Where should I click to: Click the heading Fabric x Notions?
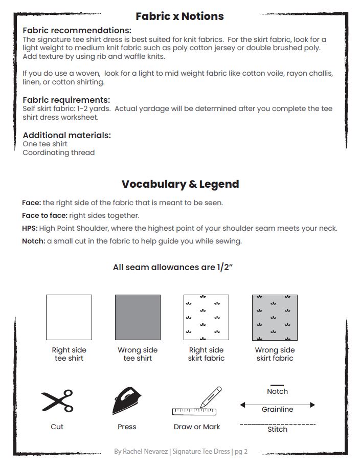click(179, 16)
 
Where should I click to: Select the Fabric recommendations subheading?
click(77, 31)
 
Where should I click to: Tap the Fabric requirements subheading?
click(66, 100)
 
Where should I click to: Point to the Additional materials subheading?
click(66, 135)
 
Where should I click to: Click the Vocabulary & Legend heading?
click(180, 184)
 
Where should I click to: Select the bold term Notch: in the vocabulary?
click(33, 241)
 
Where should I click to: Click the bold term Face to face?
click(44, 215)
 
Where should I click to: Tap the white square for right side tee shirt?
click(69, 317)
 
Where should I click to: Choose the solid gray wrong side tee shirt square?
click(138, 317)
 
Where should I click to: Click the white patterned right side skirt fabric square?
click(206, 317)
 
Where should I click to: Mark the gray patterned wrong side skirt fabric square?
click(275, 317)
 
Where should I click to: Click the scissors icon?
click(57, 401)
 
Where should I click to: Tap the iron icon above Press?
click(127, 401)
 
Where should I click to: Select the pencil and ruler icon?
click(197, 402)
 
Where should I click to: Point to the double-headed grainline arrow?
click(277, 405)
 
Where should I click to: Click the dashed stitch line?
click(277, 424)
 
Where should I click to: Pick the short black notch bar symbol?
click(277, 385)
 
